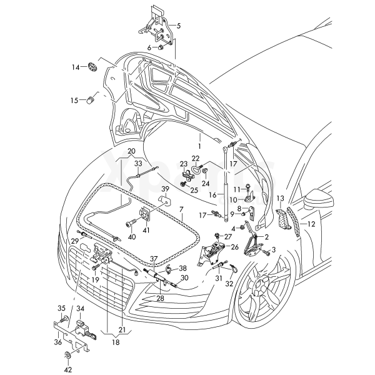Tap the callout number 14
tap(74, 67)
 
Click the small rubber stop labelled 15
tap(91, 98)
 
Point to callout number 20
tap(131, 151)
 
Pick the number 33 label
tap(138, 163)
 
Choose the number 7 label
tap(181, 209)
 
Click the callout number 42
tap(68, 369)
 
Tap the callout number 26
tap(234, 247)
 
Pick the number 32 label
tap(229, 283)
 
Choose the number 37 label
tap(154, 258)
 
